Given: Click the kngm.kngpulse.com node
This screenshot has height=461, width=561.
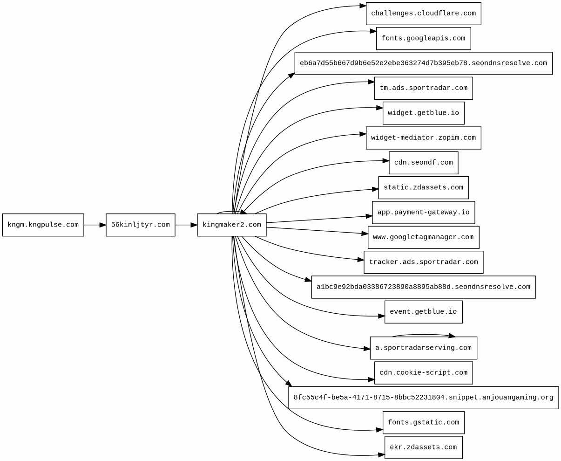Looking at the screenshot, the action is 43,225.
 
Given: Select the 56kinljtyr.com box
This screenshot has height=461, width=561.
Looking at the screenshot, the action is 141,225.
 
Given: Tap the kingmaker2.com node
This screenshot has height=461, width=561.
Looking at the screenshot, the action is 232,225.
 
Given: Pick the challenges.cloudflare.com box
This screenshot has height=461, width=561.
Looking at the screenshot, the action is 424,14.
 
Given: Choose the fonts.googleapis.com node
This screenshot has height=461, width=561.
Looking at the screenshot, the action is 424,38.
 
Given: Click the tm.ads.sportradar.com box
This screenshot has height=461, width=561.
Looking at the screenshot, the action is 424,88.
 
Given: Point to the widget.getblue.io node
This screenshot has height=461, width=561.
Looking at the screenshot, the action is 424,113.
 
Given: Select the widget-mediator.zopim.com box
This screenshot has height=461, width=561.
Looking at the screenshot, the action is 424,138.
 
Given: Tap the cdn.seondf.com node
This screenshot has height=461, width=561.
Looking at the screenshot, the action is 424,163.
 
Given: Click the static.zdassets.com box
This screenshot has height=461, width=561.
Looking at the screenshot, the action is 424,187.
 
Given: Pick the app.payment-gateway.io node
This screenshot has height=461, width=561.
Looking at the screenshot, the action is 424,213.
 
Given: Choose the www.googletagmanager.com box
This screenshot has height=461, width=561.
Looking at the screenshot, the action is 424,237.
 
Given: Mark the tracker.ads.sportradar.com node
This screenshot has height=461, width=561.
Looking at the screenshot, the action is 424,262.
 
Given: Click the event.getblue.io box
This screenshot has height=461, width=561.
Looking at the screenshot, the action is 424,312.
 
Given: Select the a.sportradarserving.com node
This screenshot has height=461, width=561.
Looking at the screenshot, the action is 424,348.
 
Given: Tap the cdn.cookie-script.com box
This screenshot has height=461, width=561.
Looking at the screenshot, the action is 424,372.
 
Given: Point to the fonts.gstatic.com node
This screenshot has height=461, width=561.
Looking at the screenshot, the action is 424,422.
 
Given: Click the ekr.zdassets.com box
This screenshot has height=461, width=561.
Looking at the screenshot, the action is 424,447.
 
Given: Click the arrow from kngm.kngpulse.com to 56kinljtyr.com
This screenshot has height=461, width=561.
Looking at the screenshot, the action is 95,225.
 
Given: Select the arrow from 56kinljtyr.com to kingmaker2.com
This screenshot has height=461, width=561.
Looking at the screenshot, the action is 186,225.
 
